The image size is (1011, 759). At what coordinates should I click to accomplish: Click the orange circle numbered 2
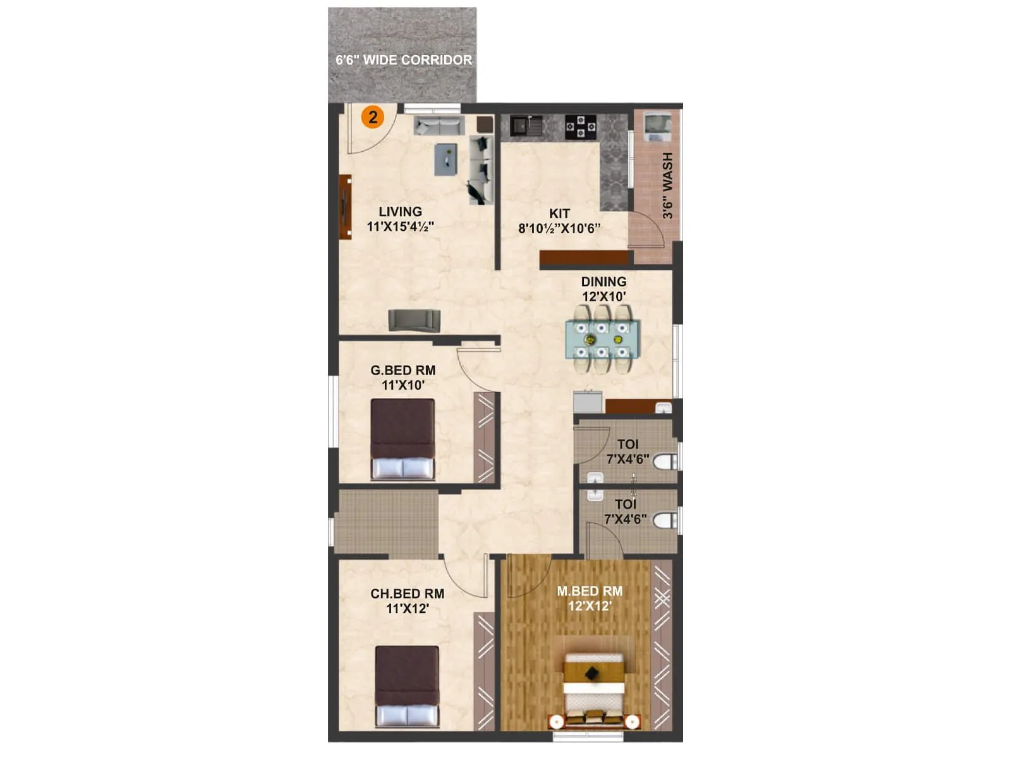click(373, 117)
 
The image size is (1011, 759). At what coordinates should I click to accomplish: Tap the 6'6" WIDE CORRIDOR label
click(404, 60)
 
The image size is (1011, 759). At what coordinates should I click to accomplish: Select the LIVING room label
click(400, 212)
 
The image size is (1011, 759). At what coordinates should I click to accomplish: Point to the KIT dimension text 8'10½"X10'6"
click(559, 228)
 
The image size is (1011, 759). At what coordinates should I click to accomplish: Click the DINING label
click(603, 281)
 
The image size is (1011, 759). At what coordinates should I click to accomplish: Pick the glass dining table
click(602, 339)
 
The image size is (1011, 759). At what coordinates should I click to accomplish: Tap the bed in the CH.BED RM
click(407, 686)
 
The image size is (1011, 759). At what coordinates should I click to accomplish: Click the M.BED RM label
click(590, 591)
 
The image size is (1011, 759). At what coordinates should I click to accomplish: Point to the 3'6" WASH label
click(668, 185)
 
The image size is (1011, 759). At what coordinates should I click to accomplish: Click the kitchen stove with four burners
click(580, 126)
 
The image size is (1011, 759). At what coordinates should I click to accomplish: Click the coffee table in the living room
click(445, 159)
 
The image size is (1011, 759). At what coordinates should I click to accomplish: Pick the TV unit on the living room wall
click(345, 207)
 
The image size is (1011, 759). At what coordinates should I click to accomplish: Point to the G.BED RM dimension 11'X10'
click(403, 385)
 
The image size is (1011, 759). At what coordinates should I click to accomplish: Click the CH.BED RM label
click(407, 594)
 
